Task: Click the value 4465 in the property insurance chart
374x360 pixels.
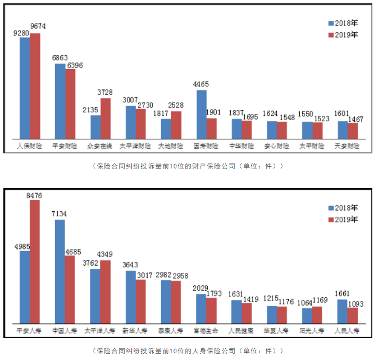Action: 200,84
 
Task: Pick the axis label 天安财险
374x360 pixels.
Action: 346,146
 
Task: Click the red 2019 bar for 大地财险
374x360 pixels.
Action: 176,125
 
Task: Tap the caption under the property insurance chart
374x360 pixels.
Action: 187,166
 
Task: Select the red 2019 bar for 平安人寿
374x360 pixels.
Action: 35,261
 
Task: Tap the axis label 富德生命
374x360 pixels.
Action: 206,330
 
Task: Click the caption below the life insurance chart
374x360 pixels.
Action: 187,351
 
